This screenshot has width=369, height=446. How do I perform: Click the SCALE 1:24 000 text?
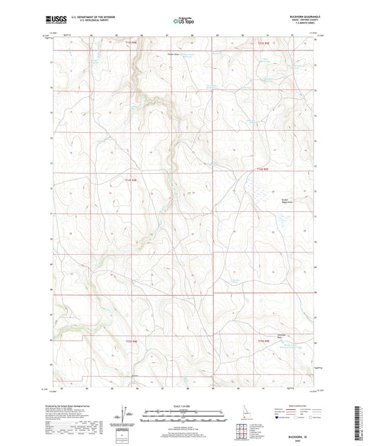pyautogui.click(x=184, y=405)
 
